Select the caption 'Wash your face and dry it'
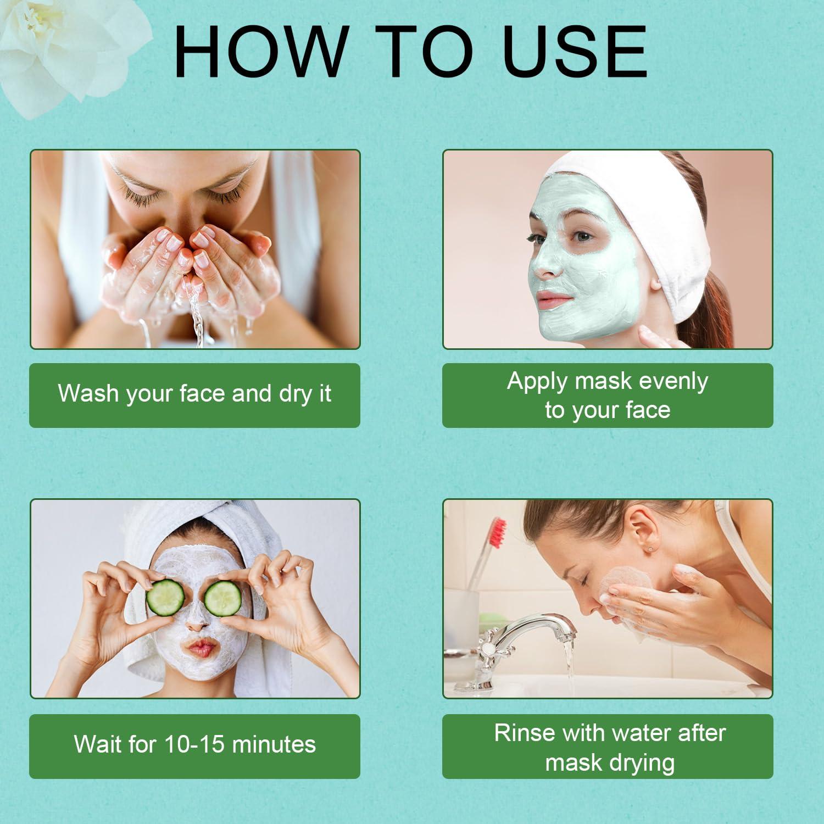tap(194, 394)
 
